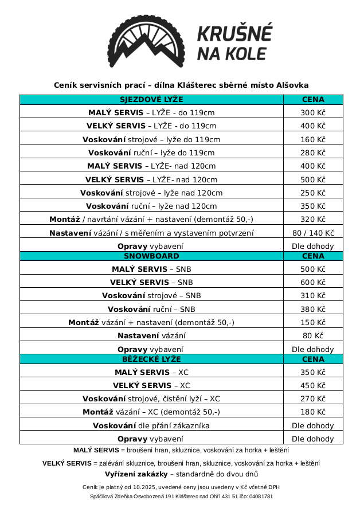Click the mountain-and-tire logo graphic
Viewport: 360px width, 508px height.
(146, 41)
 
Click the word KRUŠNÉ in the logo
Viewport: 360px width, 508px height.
(234, 34)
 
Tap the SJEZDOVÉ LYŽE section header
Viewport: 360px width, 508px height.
(151, 99)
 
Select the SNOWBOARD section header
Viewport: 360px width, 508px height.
(151, 256)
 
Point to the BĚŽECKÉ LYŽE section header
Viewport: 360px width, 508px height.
(151, 359)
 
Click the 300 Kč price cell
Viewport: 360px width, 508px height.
(312, 112)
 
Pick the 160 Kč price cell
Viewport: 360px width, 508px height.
(312, 139)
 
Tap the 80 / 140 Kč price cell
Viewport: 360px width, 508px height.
(312, 233)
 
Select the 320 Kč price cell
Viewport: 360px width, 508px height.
(312, 219)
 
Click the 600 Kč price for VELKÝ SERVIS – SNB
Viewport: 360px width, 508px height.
(312, 282)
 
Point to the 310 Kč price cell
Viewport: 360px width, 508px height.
(312, 295)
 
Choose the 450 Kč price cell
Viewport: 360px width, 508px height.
(312, 385)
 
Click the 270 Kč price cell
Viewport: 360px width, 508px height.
(312, 398)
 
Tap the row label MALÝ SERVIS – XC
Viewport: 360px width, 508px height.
(151, 372)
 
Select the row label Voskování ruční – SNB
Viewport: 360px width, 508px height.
(151, 309)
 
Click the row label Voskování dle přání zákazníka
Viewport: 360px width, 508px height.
(151, 425)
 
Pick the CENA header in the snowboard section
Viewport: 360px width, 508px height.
(312, 256)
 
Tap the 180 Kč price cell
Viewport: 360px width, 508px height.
(312, 412)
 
